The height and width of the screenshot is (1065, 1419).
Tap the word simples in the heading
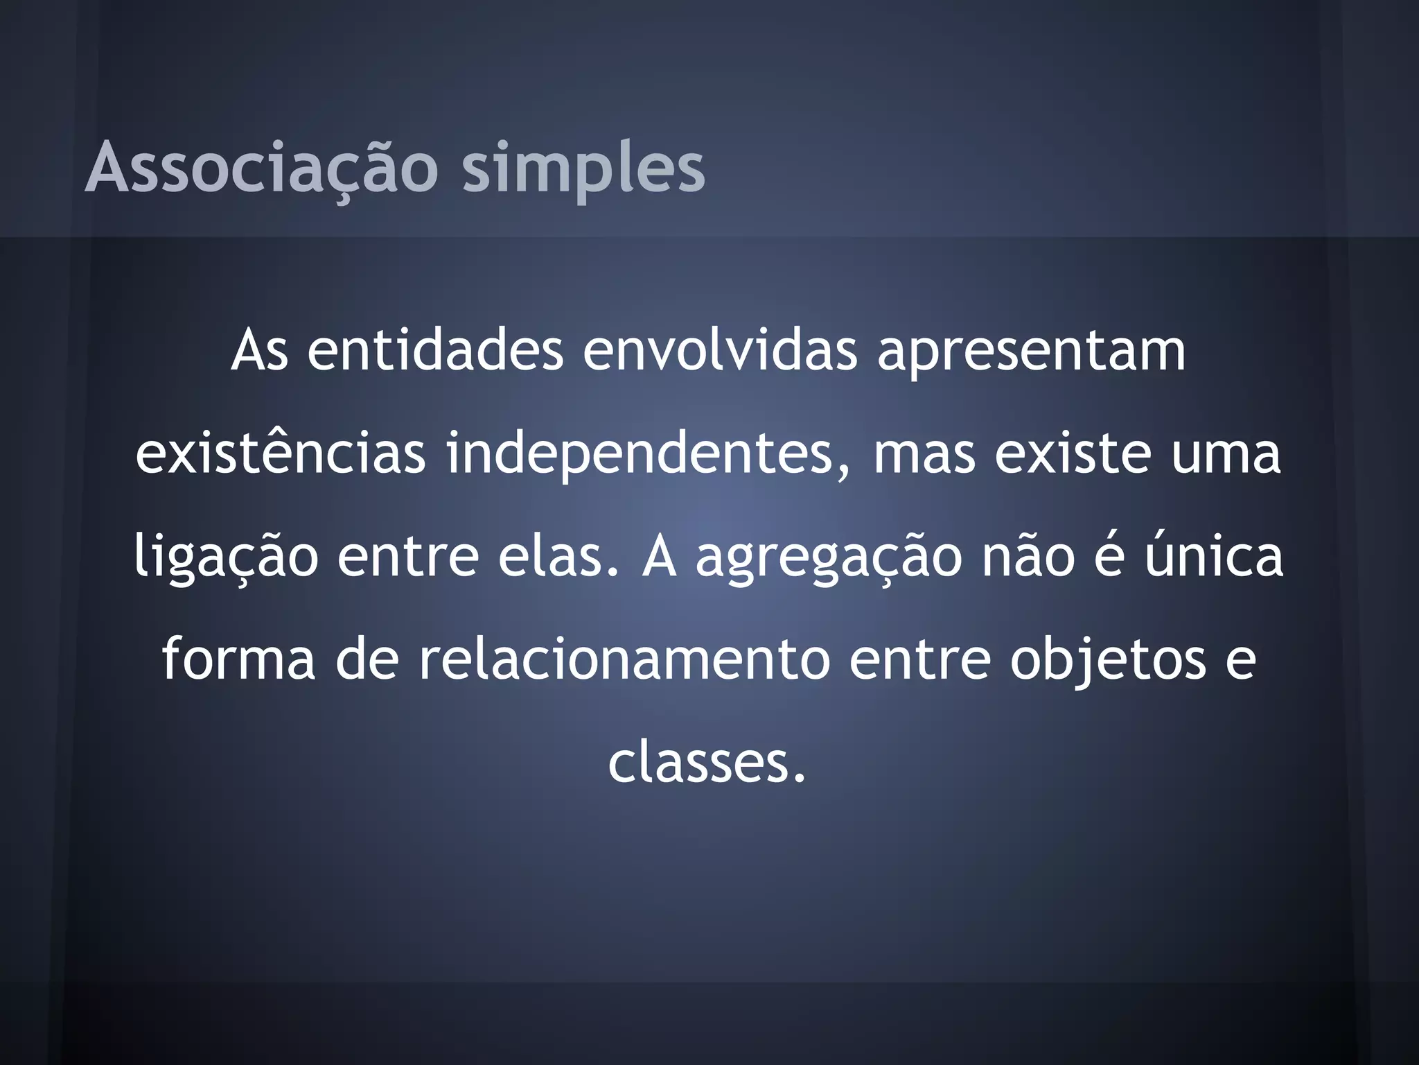583,168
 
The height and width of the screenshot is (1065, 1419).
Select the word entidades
435,351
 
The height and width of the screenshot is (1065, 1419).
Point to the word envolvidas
719,351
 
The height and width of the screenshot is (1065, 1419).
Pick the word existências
281,453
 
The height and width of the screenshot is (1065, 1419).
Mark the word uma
1226,455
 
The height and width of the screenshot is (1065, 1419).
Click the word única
1213,556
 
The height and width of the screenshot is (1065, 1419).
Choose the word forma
238,659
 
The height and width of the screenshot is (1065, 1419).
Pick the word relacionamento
624,659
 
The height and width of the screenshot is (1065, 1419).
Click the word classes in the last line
707,762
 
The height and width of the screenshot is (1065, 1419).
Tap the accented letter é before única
1109,556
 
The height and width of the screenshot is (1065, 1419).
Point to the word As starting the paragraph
259,351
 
